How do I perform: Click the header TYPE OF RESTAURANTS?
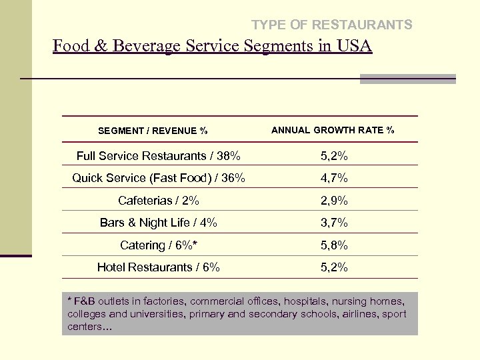click(331, 25)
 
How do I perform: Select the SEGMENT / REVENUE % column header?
click(153, 131)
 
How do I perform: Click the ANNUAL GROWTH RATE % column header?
click(333, 130)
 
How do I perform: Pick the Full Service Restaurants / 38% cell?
click(159, 156)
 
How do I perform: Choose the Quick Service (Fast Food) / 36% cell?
click(159, 178)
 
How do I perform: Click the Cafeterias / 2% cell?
click(159, 201)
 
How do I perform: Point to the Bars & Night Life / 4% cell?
click(159, 223)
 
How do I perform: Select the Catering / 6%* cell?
click(159, 245)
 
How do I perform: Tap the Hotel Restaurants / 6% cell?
click(159, 267)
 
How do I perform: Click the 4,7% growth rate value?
click(334, 179)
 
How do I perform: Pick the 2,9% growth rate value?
click(334, 201)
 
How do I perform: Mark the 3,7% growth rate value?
click(334, 223)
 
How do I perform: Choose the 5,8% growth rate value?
click(334, 245)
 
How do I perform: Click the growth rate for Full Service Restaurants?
click(334, 157)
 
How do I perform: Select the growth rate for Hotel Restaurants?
click(334, 268)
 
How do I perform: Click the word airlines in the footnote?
click(362, 314)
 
